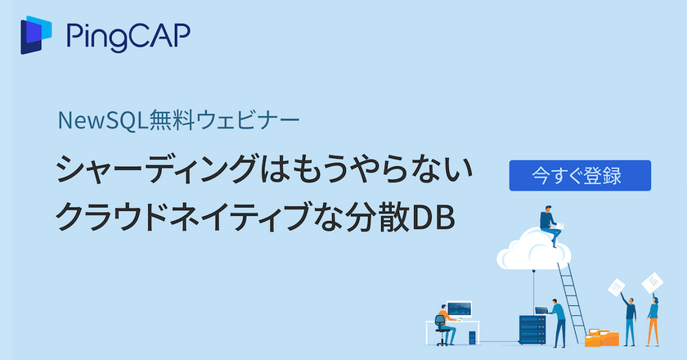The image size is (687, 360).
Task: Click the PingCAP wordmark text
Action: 128,37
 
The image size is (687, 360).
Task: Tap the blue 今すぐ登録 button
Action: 580,175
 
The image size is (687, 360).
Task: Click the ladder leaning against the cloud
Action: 573,295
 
